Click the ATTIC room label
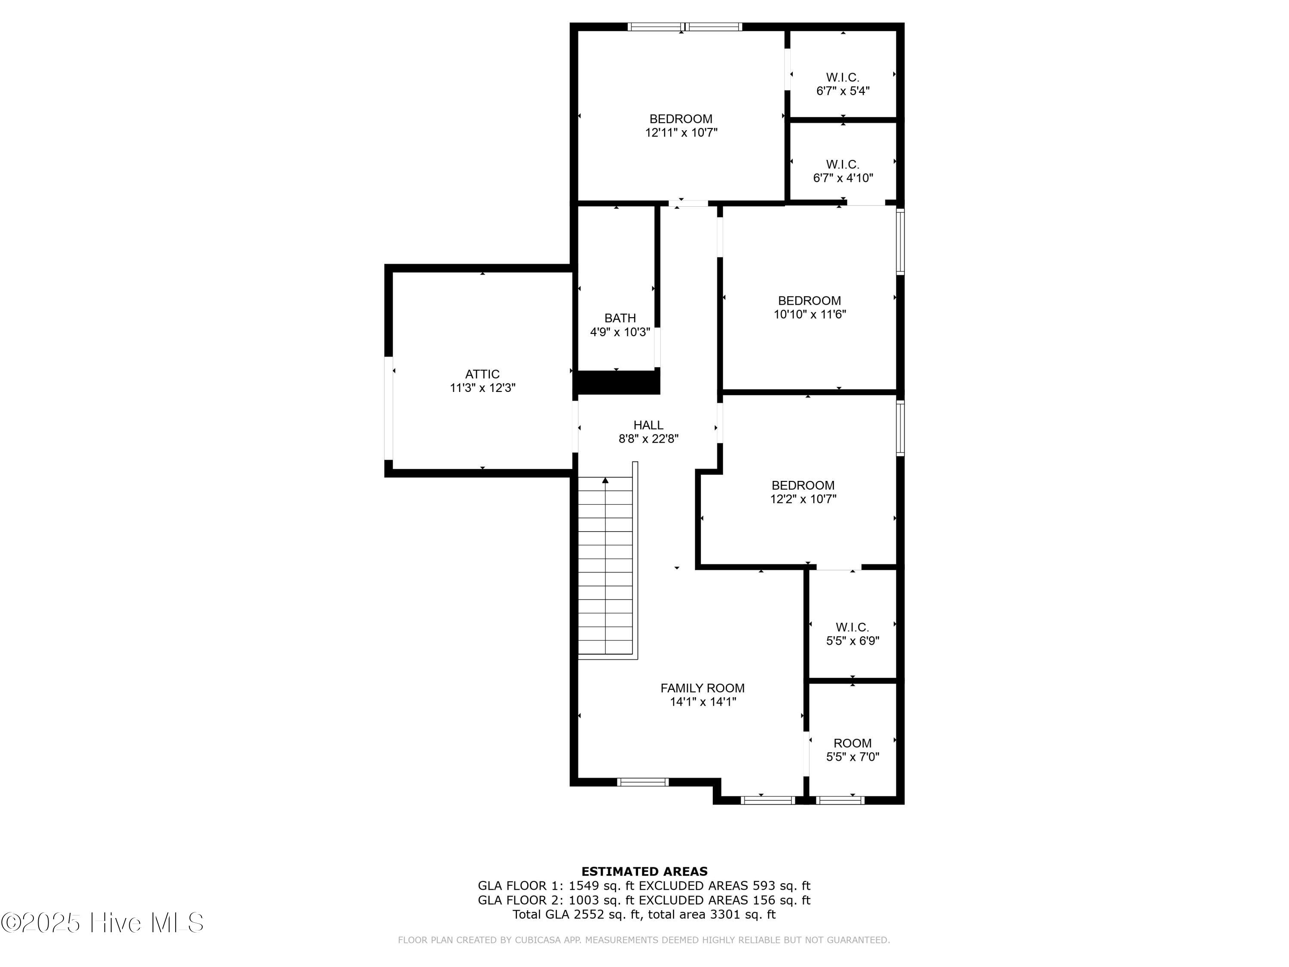click(482, 374)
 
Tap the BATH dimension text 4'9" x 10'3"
click(620, 332)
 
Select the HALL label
click(648, 425)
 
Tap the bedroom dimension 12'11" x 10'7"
click(681, 133)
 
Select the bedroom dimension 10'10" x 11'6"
click(809, 315)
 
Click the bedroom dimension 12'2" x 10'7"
click(803, 499)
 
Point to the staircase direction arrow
click(605, 480)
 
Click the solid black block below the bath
click(617, 383)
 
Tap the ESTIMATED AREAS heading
click(644, 872)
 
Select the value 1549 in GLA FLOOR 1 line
click(584, 886)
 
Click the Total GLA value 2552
click(589, 914)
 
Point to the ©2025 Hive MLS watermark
click(103, 923)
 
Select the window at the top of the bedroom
click(685, 26)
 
